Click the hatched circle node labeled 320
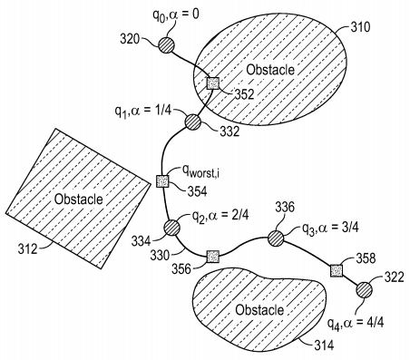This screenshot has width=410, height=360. (167, 44)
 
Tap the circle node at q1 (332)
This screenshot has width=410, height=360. (193, 122)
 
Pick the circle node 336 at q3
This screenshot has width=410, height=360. (276, 238)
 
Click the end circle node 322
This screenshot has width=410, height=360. (364, 289)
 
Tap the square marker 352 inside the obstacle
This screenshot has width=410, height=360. (213, 83)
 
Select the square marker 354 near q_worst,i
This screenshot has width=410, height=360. (163, 181)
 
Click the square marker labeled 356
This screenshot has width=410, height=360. (212, 255)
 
